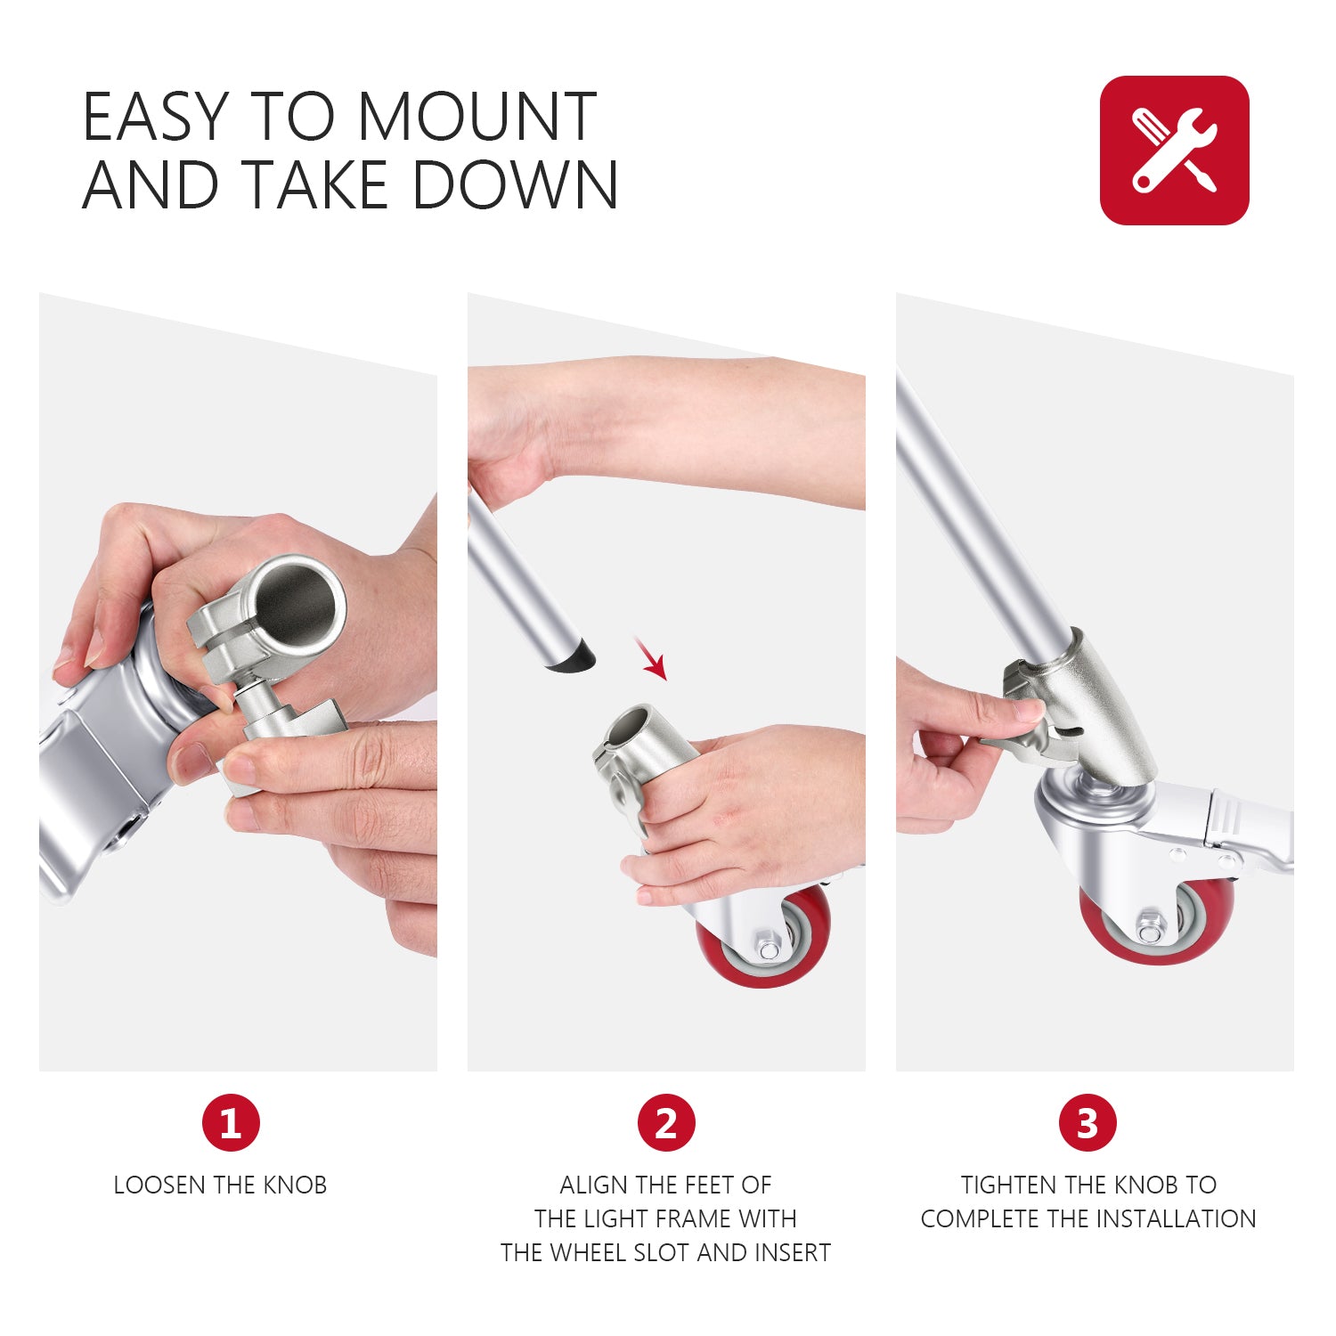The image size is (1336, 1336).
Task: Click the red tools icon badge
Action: pyautogui.click(x=1174, y=150)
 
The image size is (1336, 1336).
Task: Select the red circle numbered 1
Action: pyautogui.click(x=231, y=1122)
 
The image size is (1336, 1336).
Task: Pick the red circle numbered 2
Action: pyautogui.click(x=665, y=1122)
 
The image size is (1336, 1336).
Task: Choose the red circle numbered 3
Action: pyautogui.click(x=1087, y=1122)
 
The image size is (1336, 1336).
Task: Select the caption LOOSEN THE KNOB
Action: pyautogui.click(x=220, y=1185)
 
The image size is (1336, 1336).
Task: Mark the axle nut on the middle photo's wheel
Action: pyautogui.click(x=765, y=948)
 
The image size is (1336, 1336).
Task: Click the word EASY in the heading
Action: pyautogui.click(x=155, y=118)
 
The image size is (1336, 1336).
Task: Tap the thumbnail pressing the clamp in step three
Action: pyautogui.click(x=1029, y=711)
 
